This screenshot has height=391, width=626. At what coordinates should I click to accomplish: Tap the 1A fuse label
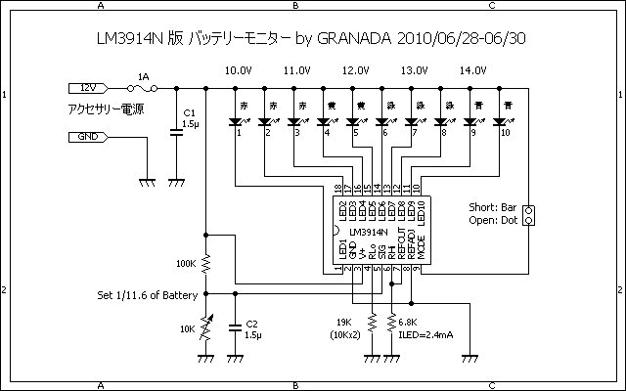tap(144, 75)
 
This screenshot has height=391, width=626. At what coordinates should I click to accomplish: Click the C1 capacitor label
tap(190, 113)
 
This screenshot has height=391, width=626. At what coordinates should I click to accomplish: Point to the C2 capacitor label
tap(251, 324)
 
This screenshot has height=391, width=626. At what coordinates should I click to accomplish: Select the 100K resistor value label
tap(186, 264)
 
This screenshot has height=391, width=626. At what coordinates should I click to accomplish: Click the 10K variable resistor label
tap(186, 327)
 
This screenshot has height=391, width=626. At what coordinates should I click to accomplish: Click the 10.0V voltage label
tap(240, 70)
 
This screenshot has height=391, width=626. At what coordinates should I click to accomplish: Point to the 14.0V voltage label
tap(473, 70)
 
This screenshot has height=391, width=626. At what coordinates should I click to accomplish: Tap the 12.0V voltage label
tap(356, 70)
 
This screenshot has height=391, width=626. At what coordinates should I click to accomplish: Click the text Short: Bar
tap(493, 207)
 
